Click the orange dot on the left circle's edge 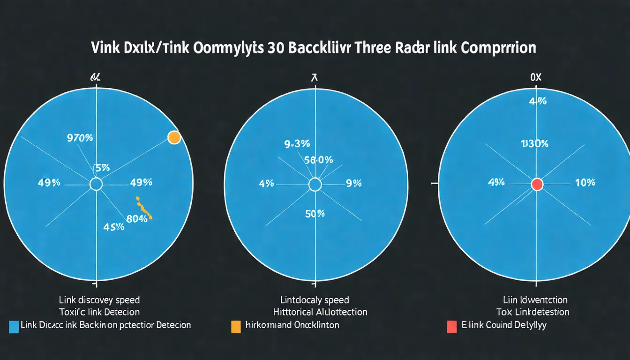174,137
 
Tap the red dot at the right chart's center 537,184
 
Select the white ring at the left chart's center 96,184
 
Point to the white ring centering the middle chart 315,184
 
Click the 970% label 80,138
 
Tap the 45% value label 113,227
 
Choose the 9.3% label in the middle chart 297,144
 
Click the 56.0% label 318,160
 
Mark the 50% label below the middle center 315,214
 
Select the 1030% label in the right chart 534,144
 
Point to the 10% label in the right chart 585,183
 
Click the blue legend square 14,326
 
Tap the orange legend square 236,326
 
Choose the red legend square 452,326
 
